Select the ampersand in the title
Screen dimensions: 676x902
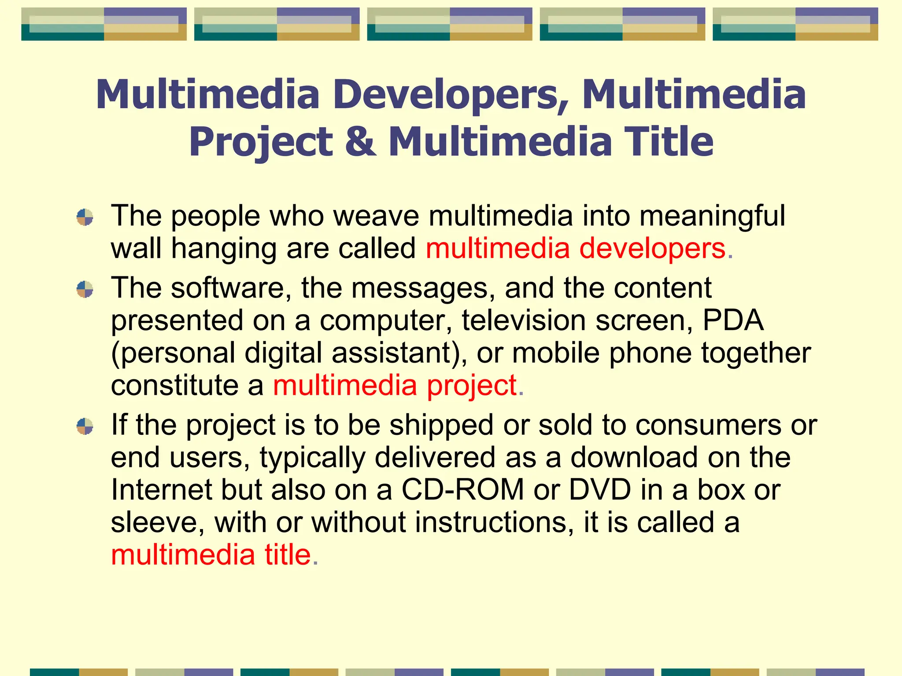[x=361, y=142]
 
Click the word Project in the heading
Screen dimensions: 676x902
[x=261, y=142]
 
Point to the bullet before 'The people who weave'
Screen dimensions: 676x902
[x=85, y=217]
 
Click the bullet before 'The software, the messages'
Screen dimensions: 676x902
[x=85, y=290]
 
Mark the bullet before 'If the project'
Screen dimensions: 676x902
[x=85, y=426]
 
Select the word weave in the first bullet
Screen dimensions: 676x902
[x=377, y=216]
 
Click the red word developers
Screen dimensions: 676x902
[x=652, y=249]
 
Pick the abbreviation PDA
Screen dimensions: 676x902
[x=733, y=320]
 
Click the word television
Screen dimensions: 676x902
[x=524, y=320]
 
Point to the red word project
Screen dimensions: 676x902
[x=472, y=386]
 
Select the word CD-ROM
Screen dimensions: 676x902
[x=462, y=490]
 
